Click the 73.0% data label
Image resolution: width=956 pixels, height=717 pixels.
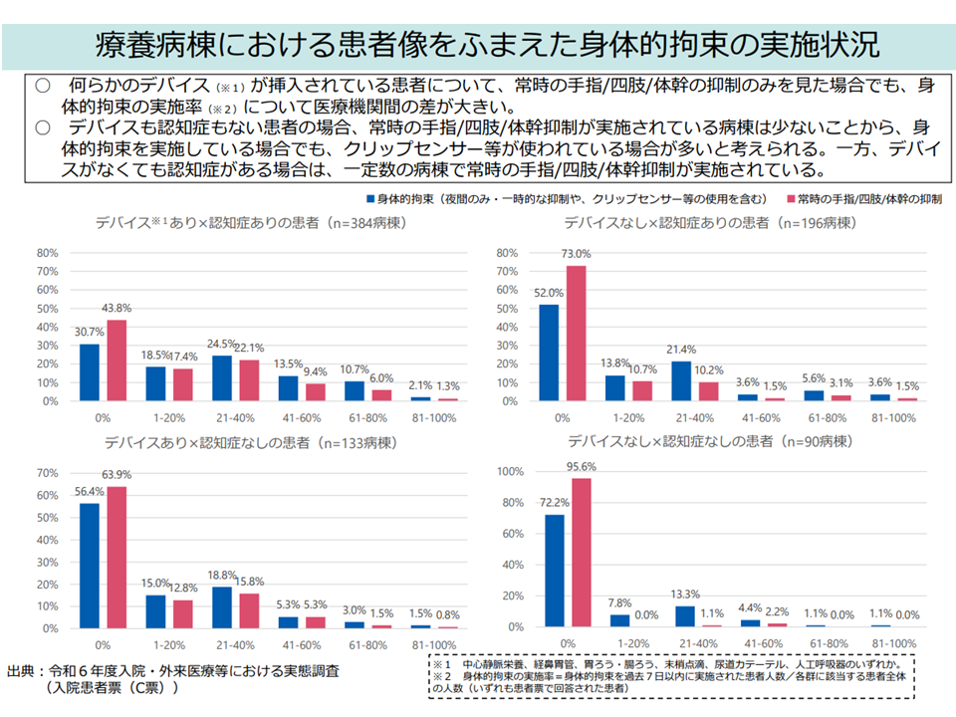click(x=577, y=254)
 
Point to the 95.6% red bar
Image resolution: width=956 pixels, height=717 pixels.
click(x=583, y=553)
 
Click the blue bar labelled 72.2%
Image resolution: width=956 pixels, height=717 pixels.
click(x=555, y=571)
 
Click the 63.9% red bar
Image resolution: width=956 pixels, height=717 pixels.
click(x=118, y=558)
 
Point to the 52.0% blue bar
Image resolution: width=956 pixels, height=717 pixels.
click(x=549, y=353)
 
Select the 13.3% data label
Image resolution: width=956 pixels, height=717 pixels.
click(x=686, y=595)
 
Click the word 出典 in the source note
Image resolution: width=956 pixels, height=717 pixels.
click(x=23, y=670)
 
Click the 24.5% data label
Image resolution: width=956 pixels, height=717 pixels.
click(x=221, y=344)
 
